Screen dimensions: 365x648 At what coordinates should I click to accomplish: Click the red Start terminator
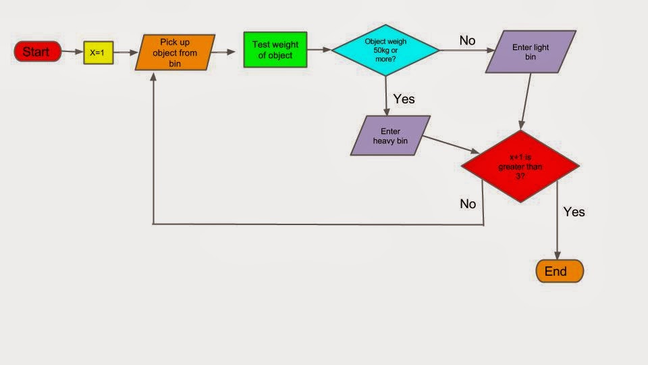pos(38,51)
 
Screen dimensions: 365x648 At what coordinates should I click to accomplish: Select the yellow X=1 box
pos(98,53)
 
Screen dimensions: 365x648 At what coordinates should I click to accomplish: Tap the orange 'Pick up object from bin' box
pos(175,52)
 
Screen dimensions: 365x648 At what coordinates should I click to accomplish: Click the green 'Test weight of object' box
pos(275,50)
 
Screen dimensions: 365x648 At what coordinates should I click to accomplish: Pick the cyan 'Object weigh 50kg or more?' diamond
pos(385,50)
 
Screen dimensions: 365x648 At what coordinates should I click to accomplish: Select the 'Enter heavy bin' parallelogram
pos(390,135)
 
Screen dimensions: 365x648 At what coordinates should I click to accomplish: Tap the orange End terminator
pos(560,271)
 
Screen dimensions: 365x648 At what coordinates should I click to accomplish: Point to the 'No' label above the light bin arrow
pos(467,41)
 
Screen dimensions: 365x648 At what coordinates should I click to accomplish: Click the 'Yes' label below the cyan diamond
pos(404,99)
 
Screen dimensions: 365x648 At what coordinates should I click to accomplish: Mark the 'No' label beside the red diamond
pos(468,203)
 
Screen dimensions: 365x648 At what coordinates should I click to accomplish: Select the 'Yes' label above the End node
pos(574,212)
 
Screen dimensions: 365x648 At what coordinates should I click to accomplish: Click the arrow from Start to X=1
pos(72,52)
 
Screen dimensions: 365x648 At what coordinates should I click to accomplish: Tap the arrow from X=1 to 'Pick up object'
pos(124,52)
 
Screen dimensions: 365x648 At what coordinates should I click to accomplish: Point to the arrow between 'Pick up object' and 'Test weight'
pos(229,51)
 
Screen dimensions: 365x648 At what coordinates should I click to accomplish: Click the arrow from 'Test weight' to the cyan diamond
pos(319,50)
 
